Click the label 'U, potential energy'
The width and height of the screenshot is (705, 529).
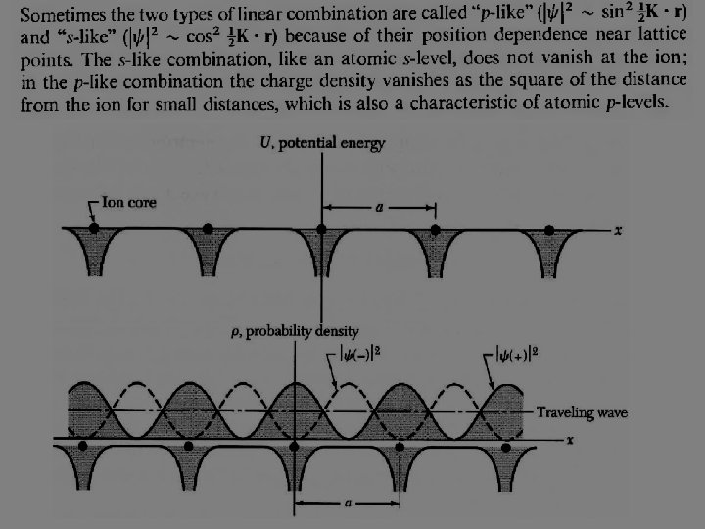322,143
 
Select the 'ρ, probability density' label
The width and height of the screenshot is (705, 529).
294,331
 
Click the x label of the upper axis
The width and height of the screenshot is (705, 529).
618,230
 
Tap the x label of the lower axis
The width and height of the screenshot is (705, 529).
570,443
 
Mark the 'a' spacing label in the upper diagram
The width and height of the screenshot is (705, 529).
378,208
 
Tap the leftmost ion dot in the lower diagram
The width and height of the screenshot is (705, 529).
82,446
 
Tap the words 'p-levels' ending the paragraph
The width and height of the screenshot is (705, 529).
634,102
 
